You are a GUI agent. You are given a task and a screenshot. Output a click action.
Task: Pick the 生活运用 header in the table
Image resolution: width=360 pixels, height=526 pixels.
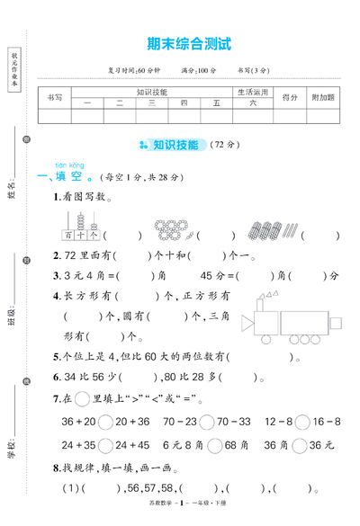[x=253, y=92]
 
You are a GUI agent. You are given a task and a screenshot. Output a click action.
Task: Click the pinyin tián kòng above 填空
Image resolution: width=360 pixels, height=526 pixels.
[x=69, y=166]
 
